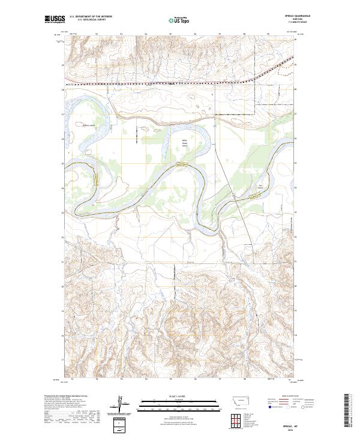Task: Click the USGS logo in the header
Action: click(55, 20)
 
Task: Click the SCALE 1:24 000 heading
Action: click(175, 397)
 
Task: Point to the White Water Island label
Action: click(185, 143)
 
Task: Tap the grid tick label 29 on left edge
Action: click(62, 65)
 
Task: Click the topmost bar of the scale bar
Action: click(175, 401)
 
